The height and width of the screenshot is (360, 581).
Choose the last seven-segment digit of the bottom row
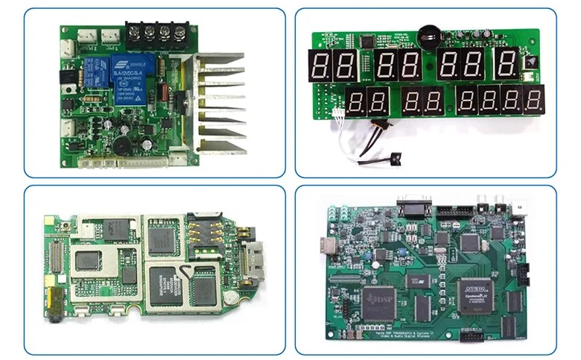tap(533, 100)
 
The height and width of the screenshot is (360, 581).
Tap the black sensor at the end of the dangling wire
tap(395, 157)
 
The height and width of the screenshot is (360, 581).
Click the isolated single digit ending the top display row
tap(508, 65)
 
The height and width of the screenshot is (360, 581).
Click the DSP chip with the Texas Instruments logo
tap(378, 300)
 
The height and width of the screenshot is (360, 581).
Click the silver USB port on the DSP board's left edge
tap(328, 246)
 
